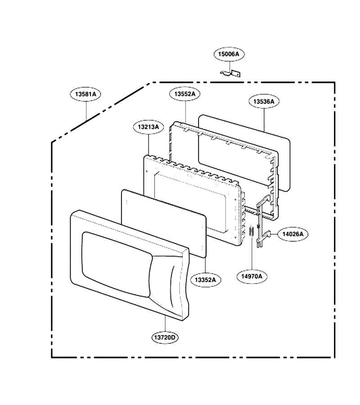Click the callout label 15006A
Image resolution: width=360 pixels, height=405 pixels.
tap(229, 54)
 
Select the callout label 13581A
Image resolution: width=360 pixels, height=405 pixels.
tap(85, 94)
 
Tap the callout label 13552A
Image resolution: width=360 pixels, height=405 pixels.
tap(185, 94)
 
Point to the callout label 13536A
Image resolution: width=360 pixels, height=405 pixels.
tap(264, 102)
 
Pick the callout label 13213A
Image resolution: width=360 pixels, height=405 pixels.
tap(148, 127)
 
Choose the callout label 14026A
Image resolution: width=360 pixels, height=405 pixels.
tap(293, 234)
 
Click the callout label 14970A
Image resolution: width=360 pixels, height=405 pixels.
tap(252, 276)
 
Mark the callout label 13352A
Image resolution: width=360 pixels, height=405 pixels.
tap(206, 280)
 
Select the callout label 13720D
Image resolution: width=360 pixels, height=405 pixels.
tap(165, 337)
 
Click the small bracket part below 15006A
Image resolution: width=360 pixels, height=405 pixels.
tap(230, 73)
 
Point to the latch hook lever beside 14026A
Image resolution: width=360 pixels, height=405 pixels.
tap(263, 221)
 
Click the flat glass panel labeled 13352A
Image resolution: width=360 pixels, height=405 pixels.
tap(164, 223)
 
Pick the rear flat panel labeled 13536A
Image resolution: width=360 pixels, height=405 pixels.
tap(244, 153)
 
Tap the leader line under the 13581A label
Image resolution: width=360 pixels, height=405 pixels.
tap(86, 111)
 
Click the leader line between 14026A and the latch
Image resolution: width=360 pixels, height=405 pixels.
tap(274, 234)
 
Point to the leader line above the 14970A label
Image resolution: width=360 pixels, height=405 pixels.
tap(252, 252)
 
